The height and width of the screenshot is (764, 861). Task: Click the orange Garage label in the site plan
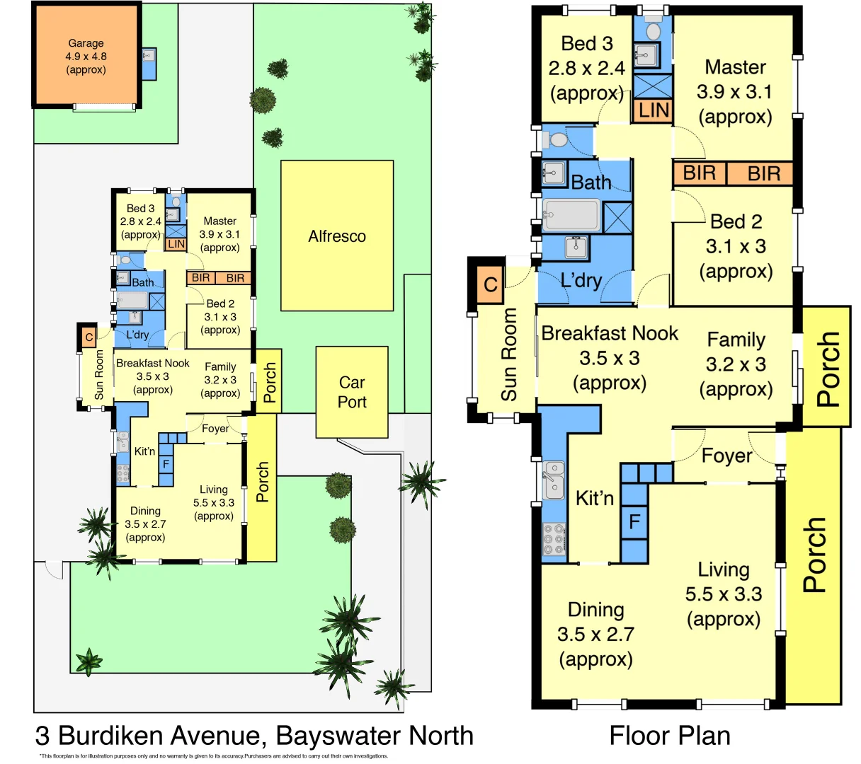(x=86, y=57)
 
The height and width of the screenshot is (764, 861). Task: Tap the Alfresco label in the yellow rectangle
(x=337, y=236)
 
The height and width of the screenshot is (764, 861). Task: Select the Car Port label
(x=352, y=392)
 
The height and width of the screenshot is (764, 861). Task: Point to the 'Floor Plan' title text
(x=669, y=736)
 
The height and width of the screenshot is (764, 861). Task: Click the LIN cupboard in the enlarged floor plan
(x=653, y=110)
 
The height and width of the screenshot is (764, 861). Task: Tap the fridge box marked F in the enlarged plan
(x=634, y=522)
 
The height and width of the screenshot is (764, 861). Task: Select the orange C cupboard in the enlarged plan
(x=490, y=285)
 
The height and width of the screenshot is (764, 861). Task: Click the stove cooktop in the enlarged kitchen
(x=554, y=539)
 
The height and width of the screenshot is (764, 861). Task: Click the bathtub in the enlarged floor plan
(x=571, y=215)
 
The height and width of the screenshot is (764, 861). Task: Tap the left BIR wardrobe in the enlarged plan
(x=699, y=173)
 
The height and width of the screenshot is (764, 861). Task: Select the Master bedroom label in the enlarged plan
(x=735, y=92)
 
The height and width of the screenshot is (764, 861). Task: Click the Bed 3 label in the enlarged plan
(x=586, y=68)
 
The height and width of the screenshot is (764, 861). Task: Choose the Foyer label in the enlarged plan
(x=726, y=456)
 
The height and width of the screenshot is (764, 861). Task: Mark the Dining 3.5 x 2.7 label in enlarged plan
(x=595, y=635)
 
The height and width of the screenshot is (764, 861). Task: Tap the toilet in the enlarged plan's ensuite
(x=653, y=30)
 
